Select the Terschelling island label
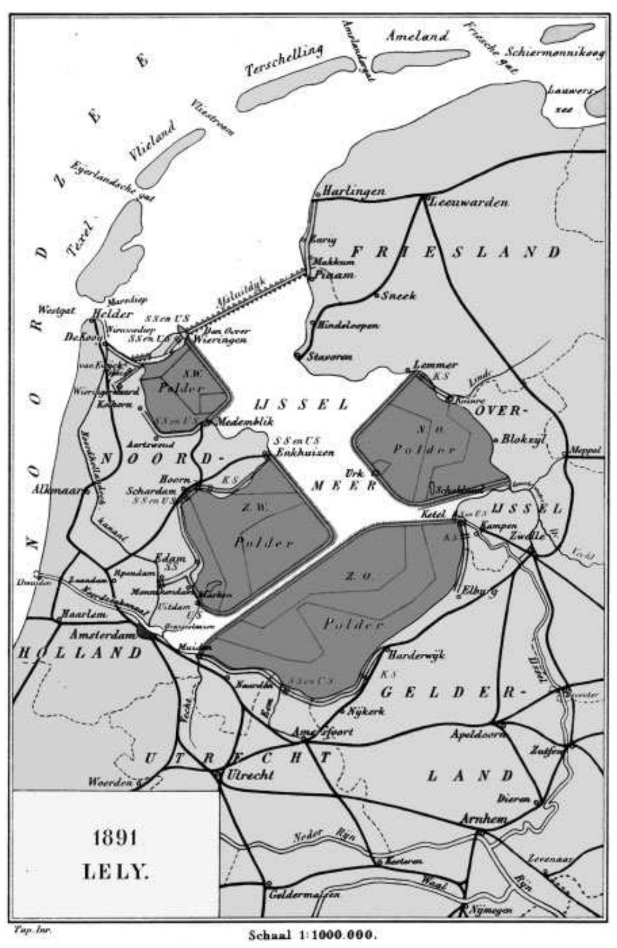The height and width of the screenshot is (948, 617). [x=284, y=60]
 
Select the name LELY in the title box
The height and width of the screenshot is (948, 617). [x=115, y=871]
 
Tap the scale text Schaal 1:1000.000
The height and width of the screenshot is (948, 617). [x=312, y=934]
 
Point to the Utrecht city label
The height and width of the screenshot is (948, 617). [x=250, y=774]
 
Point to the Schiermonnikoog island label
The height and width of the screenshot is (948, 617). [x=555, y=53]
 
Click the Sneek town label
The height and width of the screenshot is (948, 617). [x=399, y=296]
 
